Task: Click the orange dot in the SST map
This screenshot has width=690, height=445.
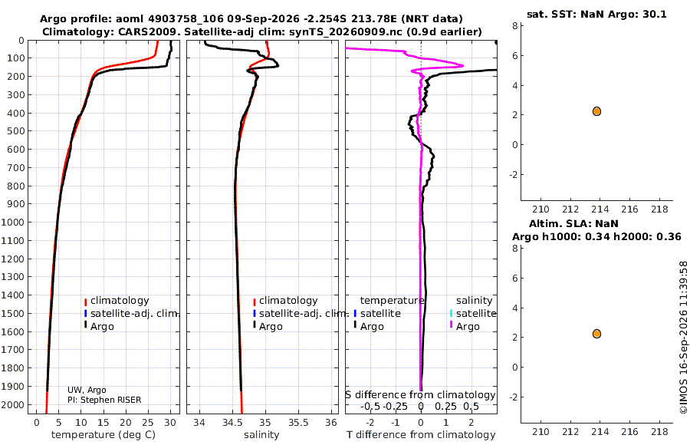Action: coord(596,111)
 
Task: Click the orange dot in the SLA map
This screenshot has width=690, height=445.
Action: coord(596,334)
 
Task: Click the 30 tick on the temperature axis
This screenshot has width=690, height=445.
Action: coord(170,423)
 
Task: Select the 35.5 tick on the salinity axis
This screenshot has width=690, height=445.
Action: coord(298,423)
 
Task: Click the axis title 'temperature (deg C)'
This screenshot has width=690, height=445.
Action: coord(103,435)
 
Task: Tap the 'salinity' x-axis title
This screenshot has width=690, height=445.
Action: coord(261,435)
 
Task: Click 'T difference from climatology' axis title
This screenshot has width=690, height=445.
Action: coord(421,435)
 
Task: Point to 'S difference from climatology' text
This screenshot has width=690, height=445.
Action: coord(421,395)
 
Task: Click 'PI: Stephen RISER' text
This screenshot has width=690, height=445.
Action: coord(104,400)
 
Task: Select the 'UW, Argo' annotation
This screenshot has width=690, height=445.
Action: coord(87,390)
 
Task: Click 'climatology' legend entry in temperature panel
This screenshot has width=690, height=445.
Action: coord(120,301)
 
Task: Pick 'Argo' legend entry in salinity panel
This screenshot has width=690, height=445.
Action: coord(271,327)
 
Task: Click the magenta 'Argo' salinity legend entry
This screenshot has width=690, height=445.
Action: coord(468,327)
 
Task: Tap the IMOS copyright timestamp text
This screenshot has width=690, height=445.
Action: coord(683,338)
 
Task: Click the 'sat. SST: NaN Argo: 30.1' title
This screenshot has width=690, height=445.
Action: coord(596,14)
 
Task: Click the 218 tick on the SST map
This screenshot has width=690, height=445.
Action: coord(659,209)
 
